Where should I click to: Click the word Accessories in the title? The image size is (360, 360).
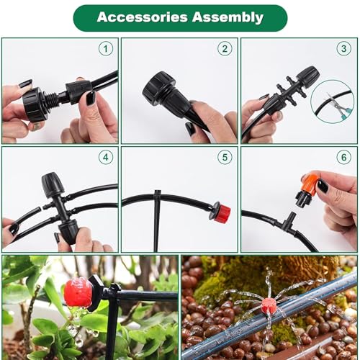[x=143, y=17]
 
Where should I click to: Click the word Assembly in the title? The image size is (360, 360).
[x=228, y=18]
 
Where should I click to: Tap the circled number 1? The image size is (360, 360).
[x=106, y=49]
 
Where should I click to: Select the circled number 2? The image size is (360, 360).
[x=225, y=49]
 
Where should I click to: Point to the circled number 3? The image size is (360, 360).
[x=344, y=49]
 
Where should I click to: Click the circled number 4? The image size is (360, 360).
[x=106, y=157]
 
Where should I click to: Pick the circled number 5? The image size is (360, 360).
[x=225, y=157]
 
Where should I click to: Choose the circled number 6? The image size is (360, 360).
[x=344, y=157]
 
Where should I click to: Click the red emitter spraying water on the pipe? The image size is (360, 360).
[x=269, y=305]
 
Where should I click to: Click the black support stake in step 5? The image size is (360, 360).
[x=157, y=221]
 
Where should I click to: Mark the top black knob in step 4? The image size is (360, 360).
[x=53, y=184]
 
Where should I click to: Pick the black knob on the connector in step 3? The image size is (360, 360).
[x=308, y=76]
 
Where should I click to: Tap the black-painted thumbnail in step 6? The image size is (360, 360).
[x=323, y=186]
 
